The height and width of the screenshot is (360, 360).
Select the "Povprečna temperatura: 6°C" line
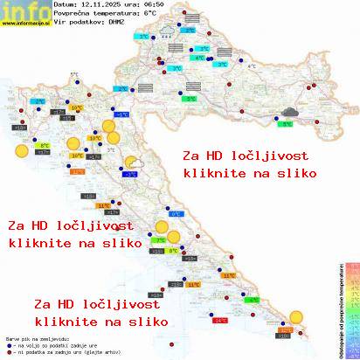105,15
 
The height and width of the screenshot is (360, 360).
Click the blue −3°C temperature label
129,174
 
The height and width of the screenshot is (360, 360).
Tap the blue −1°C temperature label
122,114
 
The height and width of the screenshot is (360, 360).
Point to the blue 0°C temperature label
175,213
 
